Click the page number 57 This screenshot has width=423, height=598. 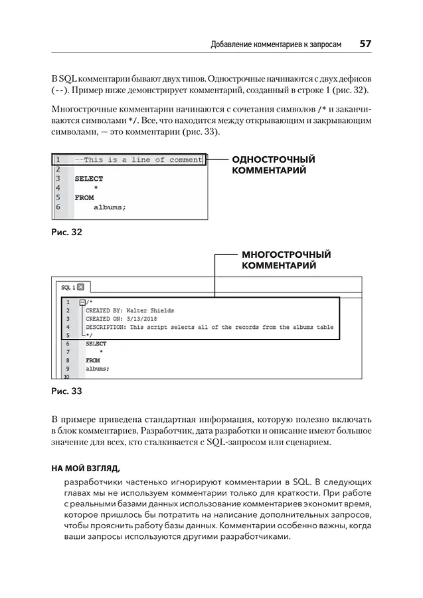click(x=365, y=44)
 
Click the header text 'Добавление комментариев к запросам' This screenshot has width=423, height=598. click(x=276, y=45)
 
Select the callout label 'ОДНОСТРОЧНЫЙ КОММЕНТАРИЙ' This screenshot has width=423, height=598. click(x=272, y=165)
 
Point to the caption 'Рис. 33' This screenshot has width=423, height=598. click(x=66, y=391)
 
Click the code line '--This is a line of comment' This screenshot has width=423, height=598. click(x=138, y=160)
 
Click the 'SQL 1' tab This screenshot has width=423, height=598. click(x=68, y=288)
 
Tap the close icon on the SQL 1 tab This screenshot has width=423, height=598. click(x=81, y=288)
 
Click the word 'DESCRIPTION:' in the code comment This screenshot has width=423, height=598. click(x=106, y=327)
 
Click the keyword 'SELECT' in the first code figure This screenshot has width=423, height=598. click(x=89, y=179)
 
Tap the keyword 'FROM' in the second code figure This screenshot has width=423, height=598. click(x=93, y=360)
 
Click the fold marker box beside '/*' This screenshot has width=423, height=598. click(x=82, y=302)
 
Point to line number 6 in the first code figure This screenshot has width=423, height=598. click(x=58, y=207)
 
